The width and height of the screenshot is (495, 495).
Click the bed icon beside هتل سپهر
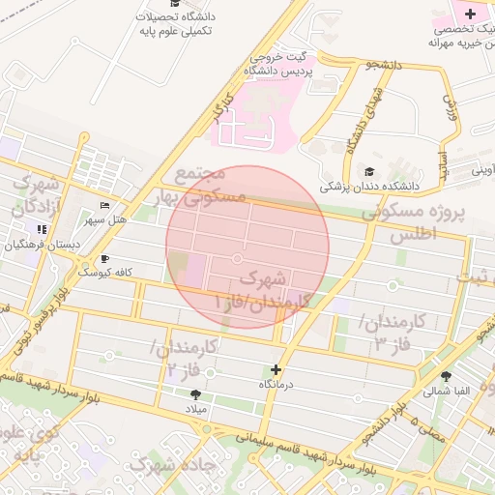(x=105, y=206)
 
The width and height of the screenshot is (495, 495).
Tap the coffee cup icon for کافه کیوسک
(x=105, y=258)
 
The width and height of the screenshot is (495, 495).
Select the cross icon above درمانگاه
(x=277, y=369)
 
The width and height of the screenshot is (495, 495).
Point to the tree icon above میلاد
(x=196, y=394)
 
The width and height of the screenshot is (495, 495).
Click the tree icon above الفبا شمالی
(x=446, y=377)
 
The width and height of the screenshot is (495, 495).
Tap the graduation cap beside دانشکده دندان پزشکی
(x=370, y=170)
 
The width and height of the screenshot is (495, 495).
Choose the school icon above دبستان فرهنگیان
(x=42, y=229)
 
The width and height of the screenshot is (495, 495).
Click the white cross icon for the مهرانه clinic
(x=470, y=14)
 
